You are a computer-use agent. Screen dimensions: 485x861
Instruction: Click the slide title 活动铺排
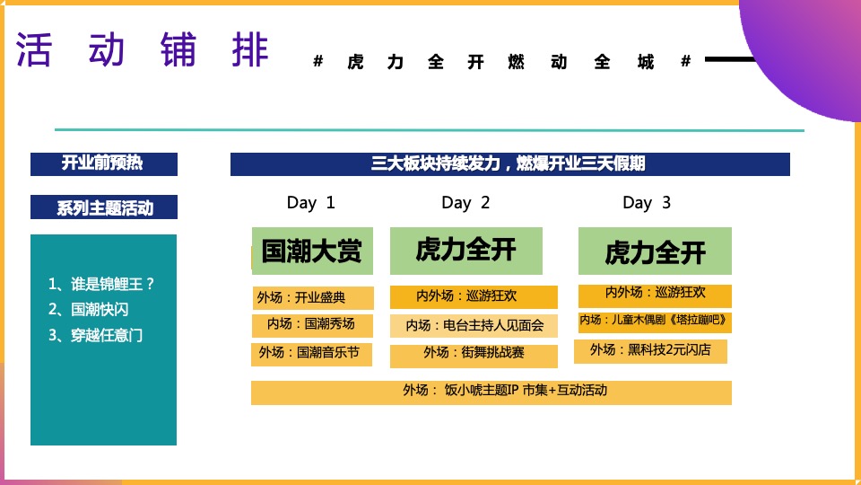(x=143, y=50)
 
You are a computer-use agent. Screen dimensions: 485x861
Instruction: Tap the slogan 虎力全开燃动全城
(x=502, y=62)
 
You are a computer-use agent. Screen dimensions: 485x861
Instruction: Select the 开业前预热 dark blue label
(x=104, y=163)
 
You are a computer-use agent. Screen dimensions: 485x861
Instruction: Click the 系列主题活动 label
(x=104, y=208)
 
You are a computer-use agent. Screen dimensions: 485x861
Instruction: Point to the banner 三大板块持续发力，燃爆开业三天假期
(x=509, y=164)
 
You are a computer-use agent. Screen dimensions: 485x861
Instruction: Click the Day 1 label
(x=311, y=203)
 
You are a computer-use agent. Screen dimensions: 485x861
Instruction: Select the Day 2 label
(x=466, y=203)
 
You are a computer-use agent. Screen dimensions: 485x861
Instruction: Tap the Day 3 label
(x=647, y=203)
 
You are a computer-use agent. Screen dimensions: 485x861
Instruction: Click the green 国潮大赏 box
(x=312, y=251)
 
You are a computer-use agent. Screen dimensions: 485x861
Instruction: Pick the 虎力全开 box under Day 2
(x=466, y=250)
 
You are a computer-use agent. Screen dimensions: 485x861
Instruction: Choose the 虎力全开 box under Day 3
(x=655, y=251)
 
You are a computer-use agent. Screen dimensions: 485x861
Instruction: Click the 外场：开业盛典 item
(x=312, y=298)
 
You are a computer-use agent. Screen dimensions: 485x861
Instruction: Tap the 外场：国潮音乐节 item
(x=312, y=353)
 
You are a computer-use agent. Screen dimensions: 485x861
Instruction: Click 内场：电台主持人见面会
(x=474, y=325)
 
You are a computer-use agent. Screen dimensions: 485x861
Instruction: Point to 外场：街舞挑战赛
(x=474, y=354)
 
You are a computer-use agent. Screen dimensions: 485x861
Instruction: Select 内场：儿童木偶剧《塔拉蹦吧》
(x=655, y=321)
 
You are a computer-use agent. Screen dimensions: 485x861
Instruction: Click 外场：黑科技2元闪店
(x=650, y=350)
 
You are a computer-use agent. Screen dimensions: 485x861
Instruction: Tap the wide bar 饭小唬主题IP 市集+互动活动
(x=491, y=392)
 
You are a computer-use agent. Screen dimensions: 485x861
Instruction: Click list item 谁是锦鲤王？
(x=102, y=284)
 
